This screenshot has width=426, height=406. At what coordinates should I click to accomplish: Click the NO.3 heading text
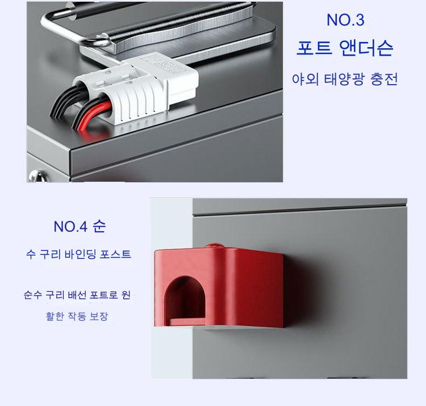click(345, 20)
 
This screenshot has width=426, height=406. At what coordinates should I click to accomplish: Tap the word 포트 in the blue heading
click(314, 48)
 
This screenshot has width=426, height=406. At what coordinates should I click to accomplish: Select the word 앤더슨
click(366, 48)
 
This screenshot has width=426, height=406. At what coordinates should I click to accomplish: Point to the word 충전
click(384, 79)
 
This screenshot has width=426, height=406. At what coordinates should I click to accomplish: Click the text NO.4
click(70, 227)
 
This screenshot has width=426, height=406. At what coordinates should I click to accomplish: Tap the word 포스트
click(115, 254)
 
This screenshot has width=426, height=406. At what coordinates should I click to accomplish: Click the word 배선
click(77, 294)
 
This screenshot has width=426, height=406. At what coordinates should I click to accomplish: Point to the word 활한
click(55, 316)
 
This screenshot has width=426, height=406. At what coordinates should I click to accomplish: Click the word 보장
click(99, 316)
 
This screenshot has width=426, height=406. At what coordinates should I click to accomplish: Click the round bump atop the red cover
click(215, 246)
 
